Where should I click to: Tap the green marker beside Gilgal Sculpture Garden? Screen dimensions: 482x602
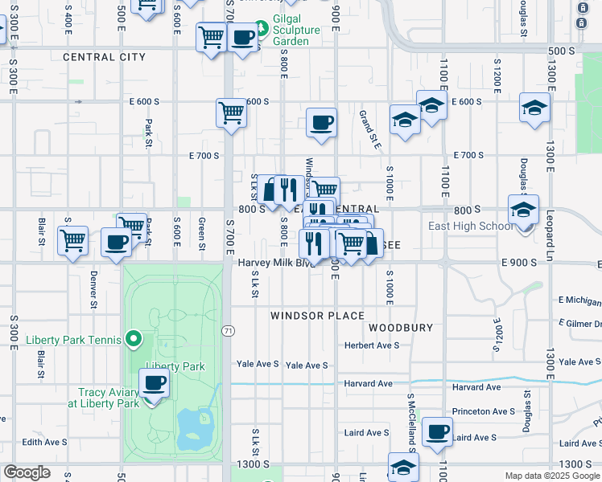pos(272,16)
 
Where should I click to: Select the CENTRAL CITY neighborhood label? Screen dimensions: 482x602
pos(104,57)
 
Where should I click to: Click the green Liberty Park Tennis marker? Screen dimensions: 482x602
pos(134,340)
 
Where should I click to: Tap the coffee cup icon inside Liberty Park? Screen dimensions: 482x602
pos(154,382)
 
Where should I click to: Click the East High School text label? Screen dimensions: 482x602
pos(470,226)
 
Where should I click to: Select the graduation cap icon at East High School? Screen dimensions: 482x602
pos(523,210)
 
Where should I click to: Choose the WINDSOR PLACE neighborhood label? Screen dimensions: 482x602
pos(317,316)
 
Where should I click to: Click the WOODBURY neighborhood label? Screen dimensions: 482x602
pos(401,328)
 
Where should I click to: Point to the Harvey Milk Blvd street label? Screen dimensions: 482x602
pos(274,263)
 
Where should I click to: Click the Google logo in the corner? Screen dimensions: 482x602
pos(27,472)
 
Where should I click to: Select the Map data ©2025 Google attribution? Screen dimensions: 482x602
pos(551,476)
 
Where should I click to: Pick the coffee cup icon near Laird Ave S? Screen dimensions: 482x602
pos(437,431)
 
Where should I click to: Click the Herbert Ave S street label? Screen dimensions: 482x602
pos(372,345)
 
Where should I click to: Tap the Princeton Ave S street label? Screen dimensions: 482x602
pos(483,411)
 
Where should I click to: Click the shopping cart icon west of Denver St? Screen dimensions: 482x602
pos(73,239)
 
